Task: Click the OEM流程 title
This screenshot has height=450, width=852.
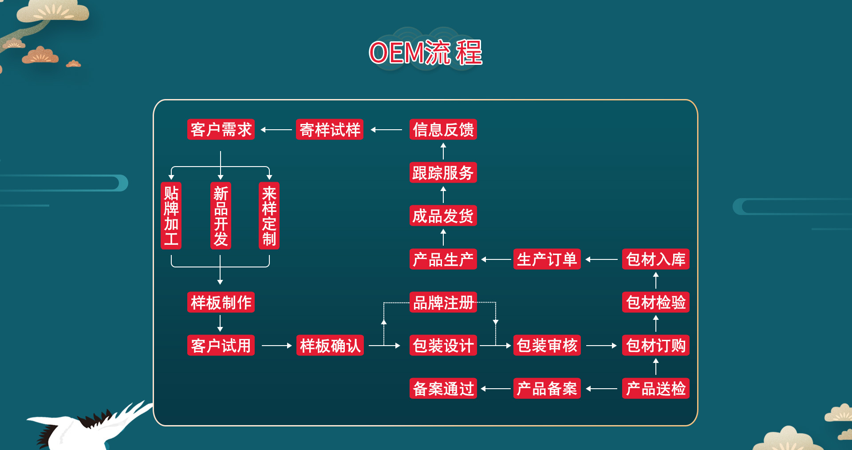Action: coord(425,52)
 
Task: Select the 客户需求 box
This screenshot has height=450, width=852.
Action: coord(221,130)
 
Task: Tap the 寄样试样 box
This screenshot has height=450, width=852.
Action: coord(330,130)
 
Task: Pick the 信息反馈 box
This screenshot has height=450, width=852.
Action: coord(443,130)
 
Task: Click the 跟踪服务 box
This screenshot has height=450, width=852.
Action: coord(443,173)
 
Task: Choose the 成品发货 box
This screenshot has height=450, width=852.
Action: coord(443,216)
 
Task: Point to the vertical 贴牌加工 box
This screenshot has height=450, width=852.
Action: coord(171,215)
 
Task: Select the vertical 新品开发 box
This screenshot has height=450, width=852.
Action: coord(221,215)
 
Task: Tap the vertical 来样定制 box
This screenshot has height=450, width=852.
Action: coord(269,215)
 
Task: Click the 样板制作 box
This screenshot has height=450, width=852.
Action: coord(221,303)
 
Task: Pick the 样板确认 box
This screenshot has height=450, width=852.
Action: coord(330,346)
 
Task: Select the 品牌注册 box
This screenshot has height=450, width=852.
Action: coord(443,303)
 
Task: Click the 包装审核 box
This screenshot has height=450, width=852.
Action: coord(547,346)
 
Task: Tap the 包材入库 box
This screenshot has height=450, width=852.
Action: coord(655,259)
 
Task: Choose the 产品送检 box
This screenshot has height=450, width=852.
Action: coord(655,389)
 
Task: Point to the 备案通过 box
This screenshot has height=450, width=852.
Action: coord(443,389)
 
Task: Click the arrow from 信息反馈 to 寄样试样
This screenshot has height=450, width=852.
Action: coord(386,130)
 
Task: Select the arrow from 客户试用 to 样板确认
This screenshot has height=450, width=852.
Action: coord(276,346)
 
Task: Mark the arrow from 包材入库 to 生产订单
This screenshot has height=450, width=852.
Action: coord(601,259)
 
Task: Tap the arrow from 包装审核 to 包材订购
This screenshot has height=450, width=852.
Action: coord(601,346)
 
